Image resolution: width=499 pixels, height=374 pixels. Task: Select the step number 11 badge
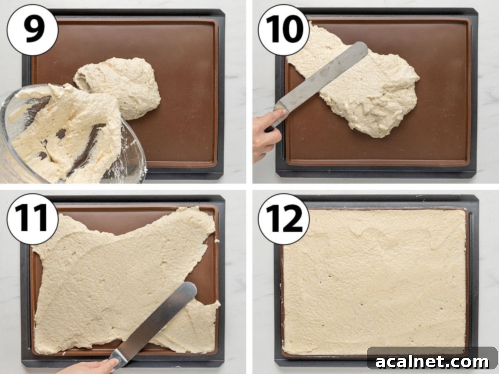32,219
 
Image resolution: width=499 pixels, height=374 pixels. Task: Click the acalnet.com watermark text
432,362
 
